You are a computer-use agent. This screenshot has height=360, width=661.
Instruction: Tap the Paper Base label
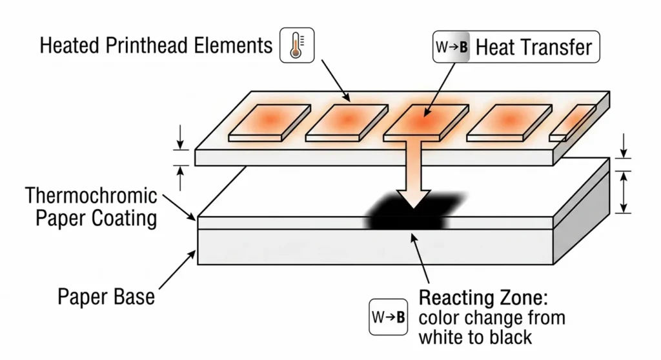(107, 297)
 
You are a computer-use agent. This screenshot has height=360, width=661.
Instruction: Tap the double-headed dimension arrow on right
(623, 192)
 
